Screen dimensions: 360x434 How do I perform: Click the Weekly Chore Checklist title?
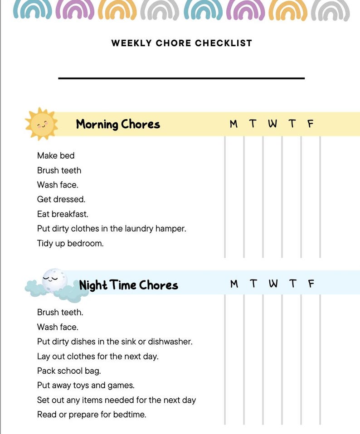(181, 43)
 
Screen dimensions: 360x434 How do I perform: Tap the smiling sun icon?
(41, 123)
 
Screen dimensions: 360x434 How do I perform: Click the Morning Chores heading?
(118, 124)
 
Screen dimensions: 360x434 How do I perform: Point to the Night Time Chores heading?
(128, 285)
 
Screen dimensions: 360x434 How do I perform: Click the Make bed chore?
(56, 155)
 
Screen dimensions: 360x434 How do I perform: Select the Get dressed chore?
(61, 199)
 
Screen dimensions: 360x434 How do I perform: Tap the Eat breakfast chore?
(63, 214)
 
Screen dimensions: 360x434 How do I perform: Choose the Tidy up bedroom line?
(70, 243)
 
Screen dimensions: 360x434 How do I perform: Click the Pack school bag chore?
(69, 371)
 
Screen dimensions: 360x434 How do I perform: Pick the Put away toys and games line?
(86, 386)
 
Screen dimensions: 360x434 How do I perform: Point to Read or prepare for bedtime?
(92, 415)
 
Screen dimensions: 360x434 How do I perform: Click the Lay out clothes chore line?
(97, 356)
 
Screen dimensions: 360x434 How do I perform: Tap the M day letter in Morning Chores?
(234, 124)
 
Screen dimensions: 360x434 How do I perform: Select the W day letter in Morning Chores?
(272, 124)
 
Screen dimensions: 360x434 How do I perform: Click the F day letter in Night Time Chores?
(311, 284)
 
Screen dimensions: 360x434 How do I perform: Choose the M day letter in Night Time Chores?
(234, 284)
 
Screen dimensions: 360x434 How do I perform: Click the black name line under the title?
(181, 78)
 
